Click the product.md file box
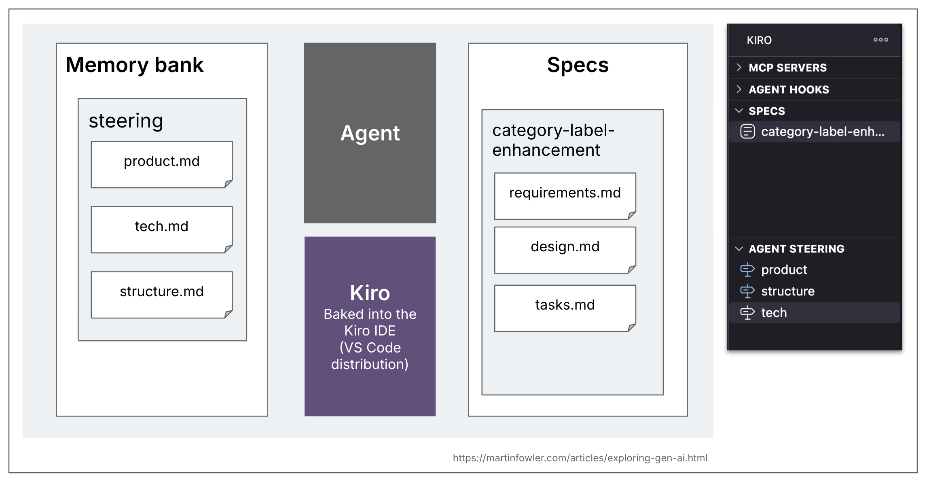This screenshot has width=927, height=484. pyautogui.click(x=161, y=164)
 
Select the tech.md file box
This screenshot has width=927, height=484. pyautogui.click(x=161, y=229)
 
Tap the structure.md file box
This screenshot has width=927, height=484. pyautogui.click(x=161, y=294)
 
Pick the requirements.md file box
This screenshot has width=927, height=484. pyautogui.click(x=565, y=195)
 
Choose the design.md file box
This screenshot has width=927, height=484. pyautogui.click(x=565, y=249)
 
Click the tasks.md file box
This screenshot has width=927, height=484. pyautogui.click(x=565, y=308)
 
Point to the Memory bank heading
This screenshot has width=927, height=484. pyautogui.click(x=135, y=65)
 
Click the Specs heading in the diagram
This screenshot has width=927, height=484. pyautogui.click(x=578, y=65)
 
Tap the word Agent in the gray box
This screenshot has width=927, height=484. pyautogui.click(x=370, y=133)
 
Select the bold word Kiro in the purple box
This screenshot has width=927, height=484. pyautogui.click(x=370, y=293)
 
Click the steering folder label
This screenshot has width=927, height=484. pyautogui.click(x=126, y=121)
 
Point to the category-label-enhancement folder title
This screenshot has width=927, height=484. pyautogui.click(x=552, y=140)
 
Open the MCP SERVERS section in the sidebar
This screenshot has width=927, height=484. pyautogui.click(x=787, y=68)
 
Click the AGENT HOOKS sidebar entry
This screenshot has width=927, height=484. pyautogui.click(x=788, y=89)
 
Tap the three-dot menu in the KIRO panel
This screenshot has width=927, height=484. pyautogui.click(x=880, y=40)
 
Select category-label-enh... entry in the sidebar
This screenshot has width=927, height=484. pyautogui.click(x=822, y=132)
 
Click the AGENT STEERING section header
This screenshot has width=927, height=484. pyautogui.click(x=796, y=248)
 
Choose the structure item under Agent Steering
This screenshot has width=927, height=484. pyautogui.click(x=787, y=291)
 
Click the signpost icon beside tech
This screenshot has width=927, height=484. pyautogui.click(x=747, y=312)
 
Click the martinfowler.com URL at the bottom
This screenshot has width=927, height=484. pyautogui.click(x=580, y=458)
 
